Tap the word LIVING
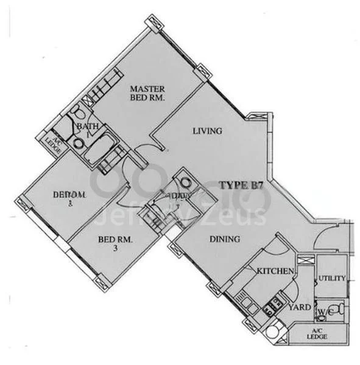tap(207, 131)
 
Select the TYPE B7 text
tap(241, 187)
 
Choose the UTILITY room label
tap(331, 278)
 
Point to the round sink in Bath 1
tap(79, 144)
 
